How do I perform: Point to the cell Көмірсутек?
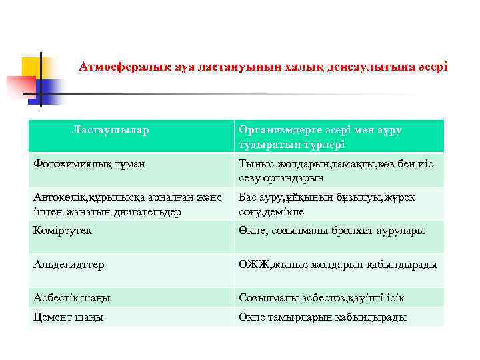click(x=63, y=230)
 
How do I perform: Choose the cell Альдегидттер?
click(x=69, y=264)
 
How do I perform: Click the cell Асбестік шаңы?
click(x=72, y=297)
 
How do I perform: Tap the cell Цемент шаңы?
click(x=69, y=317)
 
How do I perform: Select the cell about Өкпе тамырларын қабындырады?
click(x=323, y=317)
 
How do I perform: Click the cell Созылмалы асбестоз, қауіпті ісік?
click(x=322, y=297)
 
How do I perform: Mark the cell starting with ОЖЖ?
click(x=338, y=264)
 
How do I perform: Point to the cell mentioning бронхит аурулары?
click(x=331, y=230)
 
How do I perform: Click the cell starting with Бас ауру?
click(x=331, y=204)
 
